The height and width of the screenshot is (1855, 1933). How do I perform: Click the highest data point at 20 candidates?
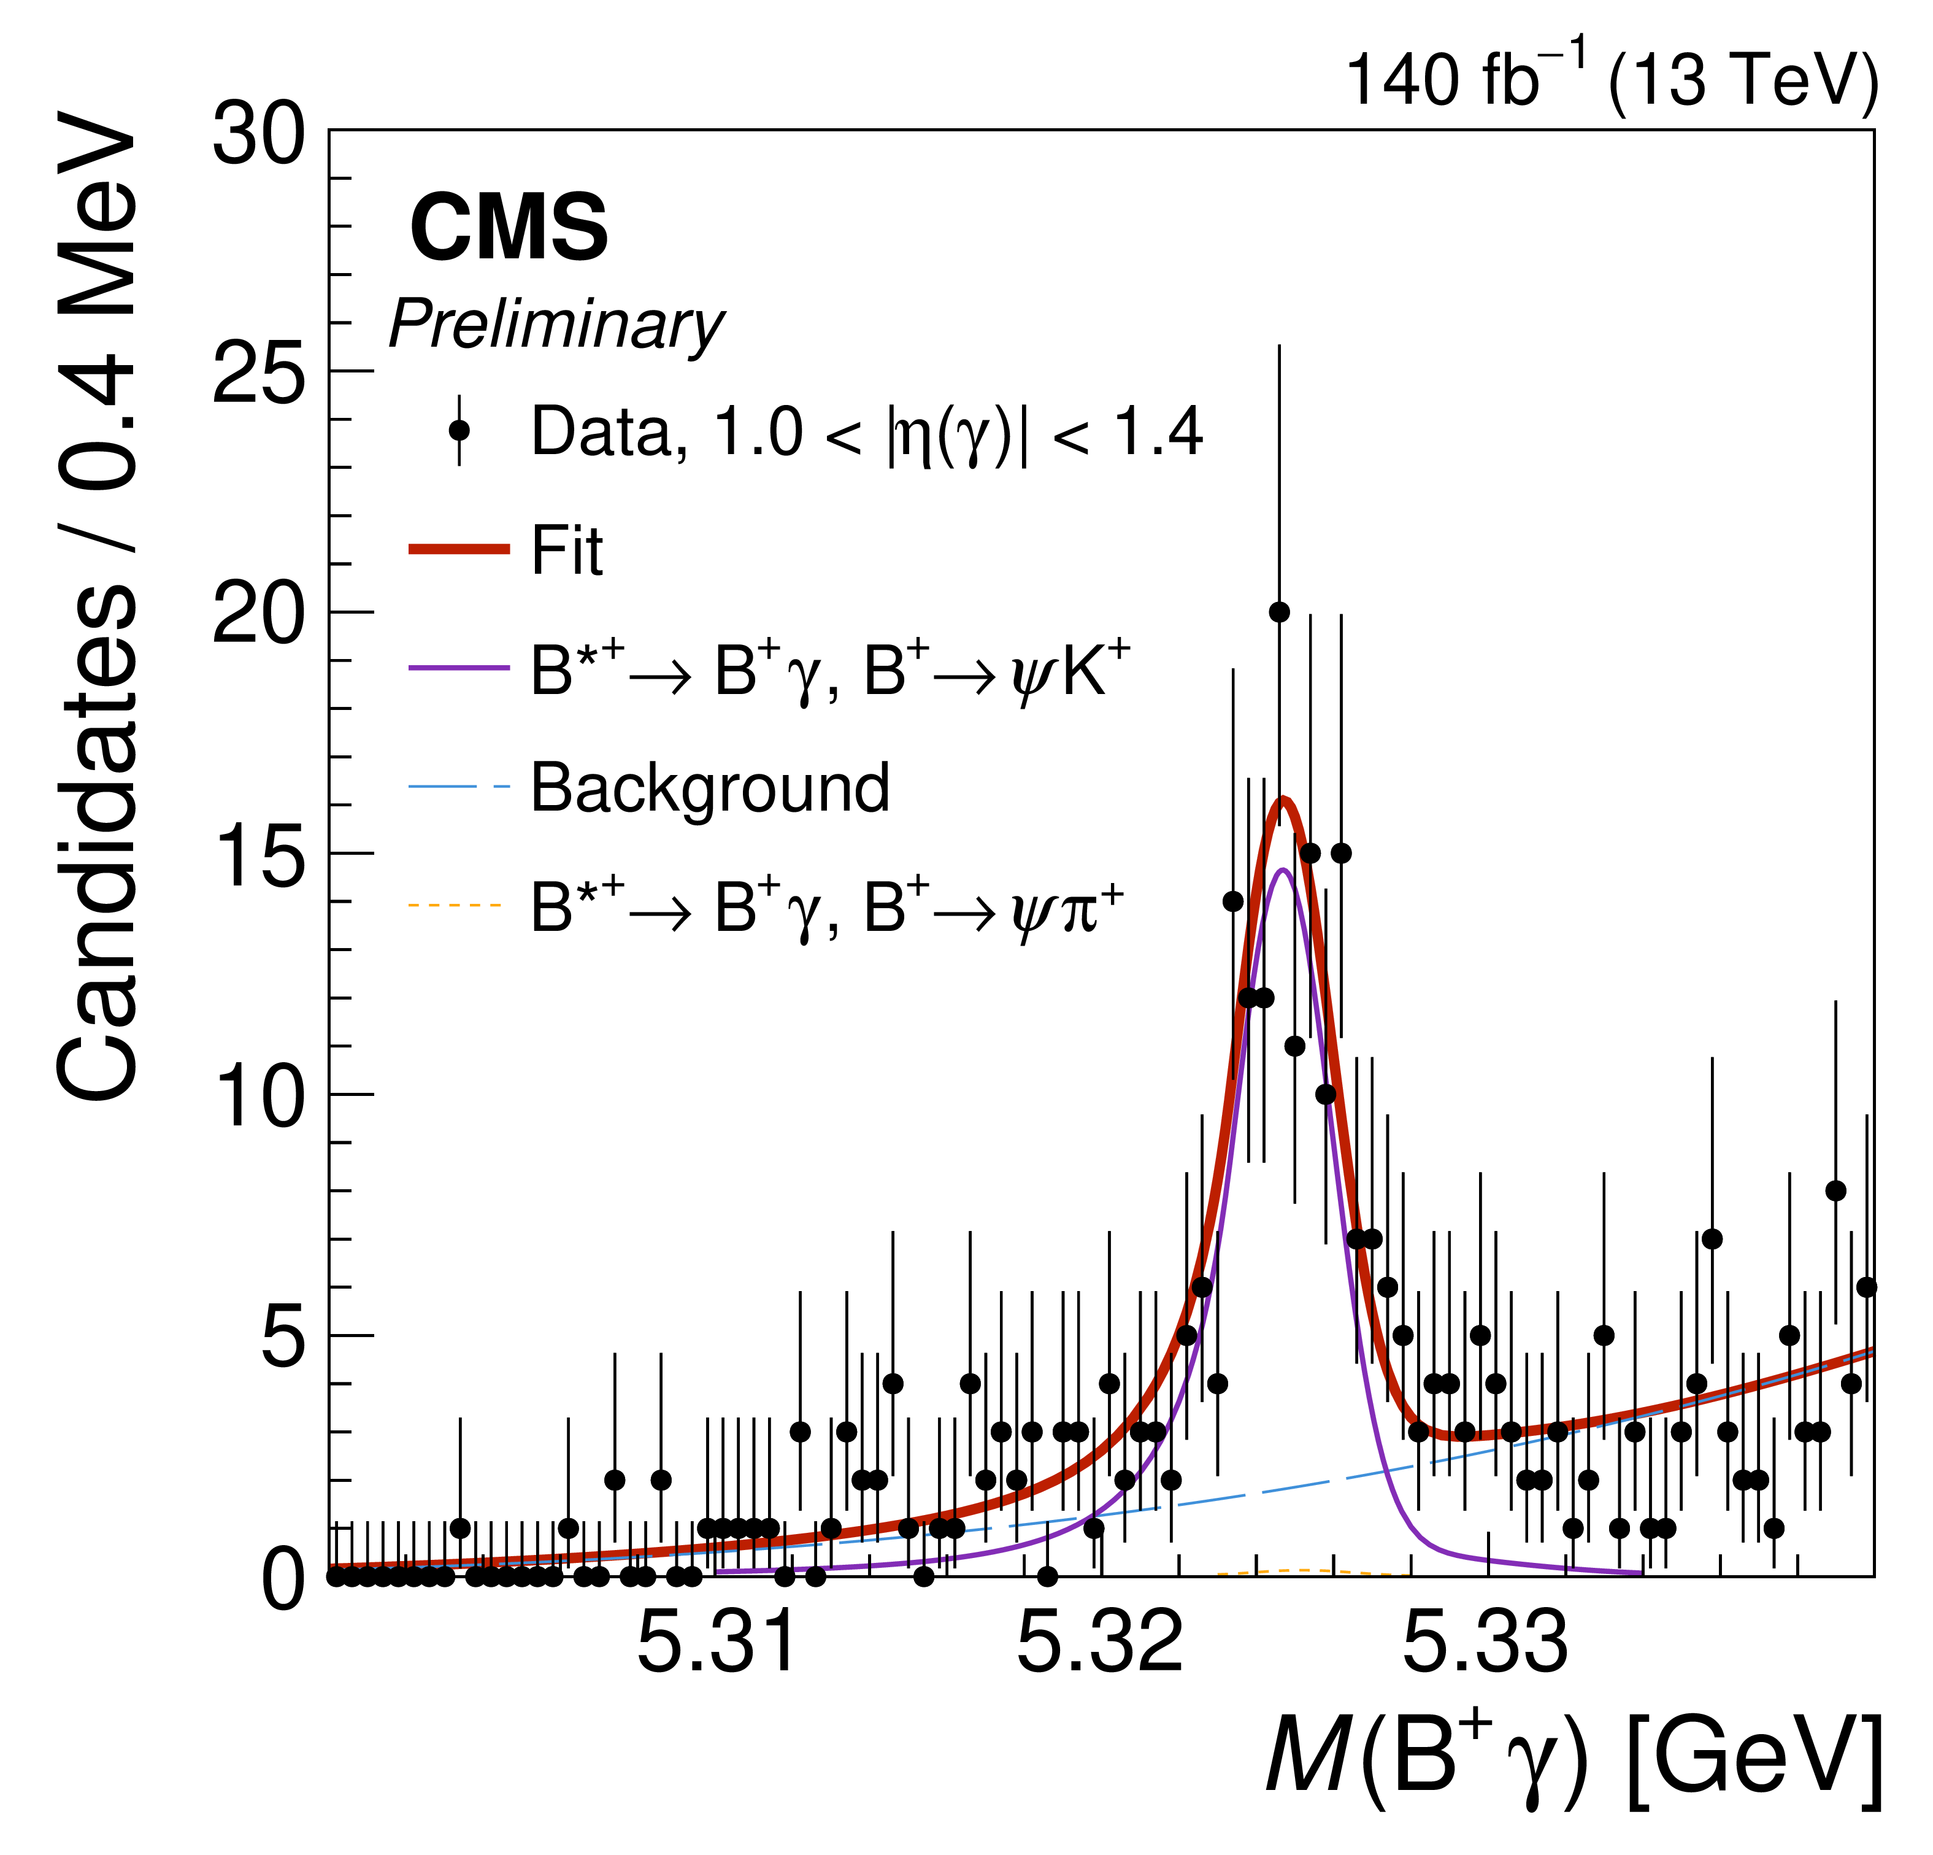click(1279, 612)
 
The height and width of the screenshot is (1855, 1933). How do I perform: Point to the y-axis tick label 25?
click(258, 376)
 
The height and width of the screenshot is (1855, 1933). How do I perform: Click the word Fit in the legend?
click(566, 550)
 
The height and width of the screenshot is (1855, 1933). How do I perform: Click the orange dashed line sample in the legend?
click(456, 905)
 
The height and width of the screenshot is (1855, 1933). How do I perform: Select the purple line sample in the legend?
click(459, 668)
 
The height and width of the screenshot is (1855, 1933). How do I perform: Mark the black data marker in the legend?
click(459, 430)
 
